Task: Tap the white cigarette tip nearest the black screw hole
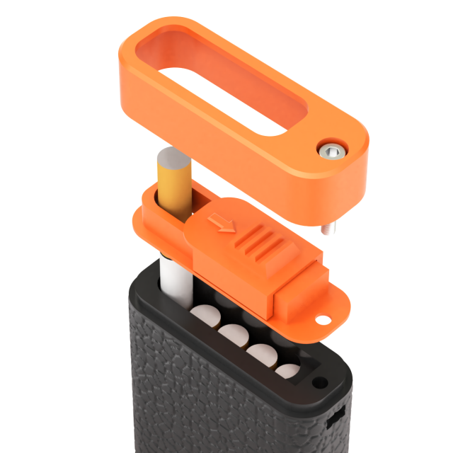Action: tap(287, 370)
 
